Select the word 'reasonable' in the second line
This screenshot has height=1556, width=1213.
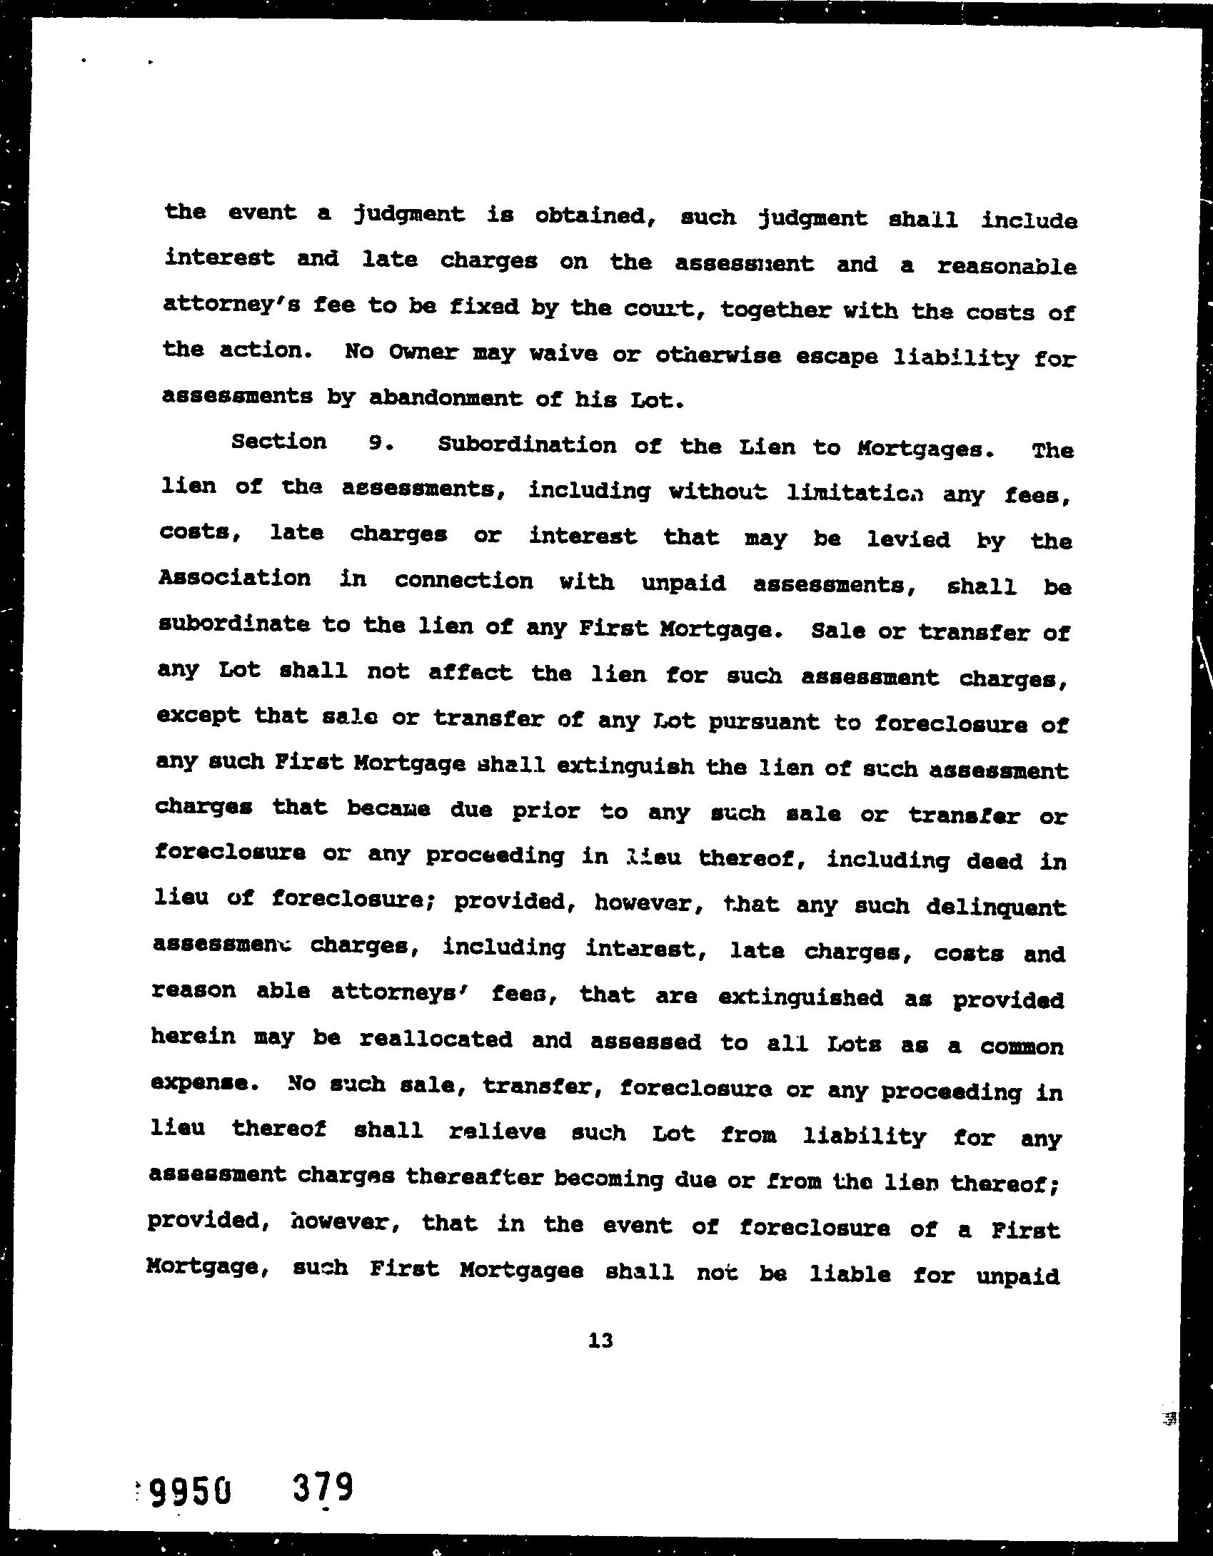click(x=1007, y=266)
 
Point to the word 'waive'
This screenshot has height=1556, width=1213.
click(x=563, y=354)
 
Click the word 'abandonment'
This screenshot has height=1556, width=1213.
click(x=446, y=398)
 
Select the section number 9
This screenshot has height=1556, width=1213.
click(x=376, y=443)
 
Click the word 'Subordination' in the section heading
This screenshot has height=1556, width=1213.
click(x=526, y=445)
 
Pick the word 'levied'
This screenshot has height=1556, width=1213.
click(x=908, y=539)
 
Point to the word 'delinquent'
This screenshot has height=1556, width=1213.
click(x=996, y=907)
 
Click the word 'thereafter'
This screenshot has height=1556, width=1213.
click(x=474, y=1177)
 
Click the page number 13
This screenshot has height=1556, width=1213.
click(x=601, y=1341)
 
